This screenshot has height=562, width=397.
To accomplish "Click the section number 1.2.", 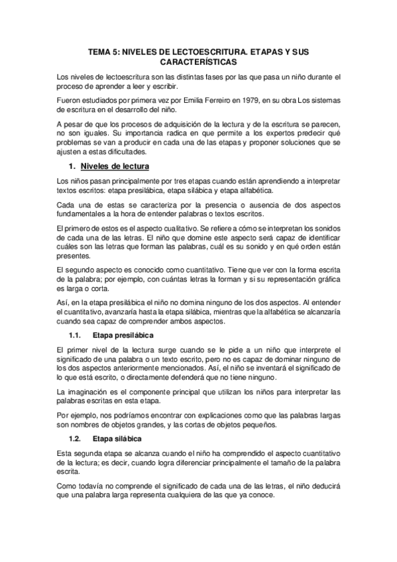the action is click(75, 439).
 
